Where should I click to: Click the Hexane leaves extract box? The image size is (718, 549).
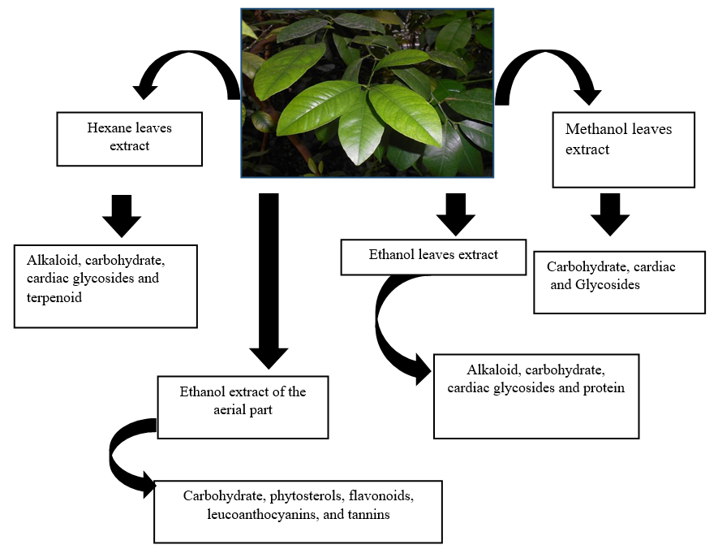click(129, 139)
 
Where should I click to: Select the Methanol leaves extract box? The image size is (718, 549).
click(622, 149)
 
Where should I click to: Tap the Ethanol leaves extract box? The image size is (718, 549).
click(433, 257)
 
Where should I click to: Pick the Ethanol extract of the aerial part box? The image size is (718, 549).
click(243, 407)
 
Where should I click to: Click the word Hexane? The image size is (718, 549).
click(108, 128)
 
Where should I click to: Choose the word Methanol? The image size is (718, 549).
click(595, 129)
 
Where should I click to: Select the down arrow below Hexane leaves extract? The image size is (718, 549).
click(122, 214)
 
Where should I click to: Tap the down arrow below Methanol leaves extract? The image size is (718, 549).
click(610, 214)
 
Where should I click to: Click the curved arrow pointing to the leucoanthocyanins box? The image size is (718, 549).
click(126, 455)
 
